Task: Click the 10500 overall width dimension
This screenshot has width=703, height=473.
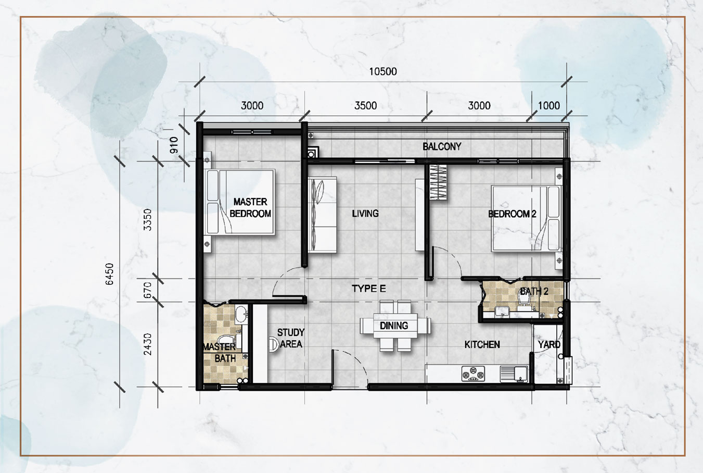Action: click(x=382, y=72)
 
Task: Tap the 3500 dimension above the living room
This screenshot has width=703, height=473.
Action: click(x=366, y=106)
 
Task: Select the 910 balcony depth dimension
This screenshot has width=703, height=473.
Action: click(x=174, y=145)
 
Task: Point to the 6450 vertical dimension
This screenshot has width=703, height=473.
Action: click(x=109, y=274)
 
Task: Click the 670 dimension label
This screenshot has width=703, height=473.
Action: click(x=147, y=290)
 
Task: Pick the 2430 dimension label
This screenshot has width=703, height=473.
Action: click(x=147, y=344)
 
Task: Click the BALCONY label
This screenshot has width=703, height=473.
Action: click(x=442, y=146)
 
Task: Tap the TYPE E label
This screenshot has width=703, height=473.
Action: click(x=369, y=289)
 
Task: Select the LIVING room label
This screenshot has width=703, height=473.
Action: click(x=365, y=214)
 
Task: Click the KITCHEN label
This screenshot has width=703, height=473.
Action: click(x=482, y=345)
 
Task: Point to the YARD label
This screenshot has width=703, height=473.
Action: click(x=549, y=345)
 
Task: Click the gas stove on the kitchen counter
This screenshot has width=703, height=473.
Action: click(x=473, y=374)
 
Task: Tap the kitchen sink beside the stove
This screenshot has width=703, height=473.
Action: click(x=514, y=374)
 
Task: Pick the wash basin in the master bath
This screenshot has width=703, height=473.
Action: click(x=241, y=315)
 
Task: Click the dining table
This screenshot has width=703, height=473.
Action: click(x=395, y=326)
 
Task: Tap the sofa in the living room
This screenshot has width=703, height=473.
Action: click(x=322, y=215)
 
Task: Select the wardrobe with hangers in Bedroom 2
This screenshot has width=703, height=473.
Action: click(x=438, y=183)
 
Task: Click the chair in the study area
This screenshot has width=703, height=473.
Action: click(x=273, y=344)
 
